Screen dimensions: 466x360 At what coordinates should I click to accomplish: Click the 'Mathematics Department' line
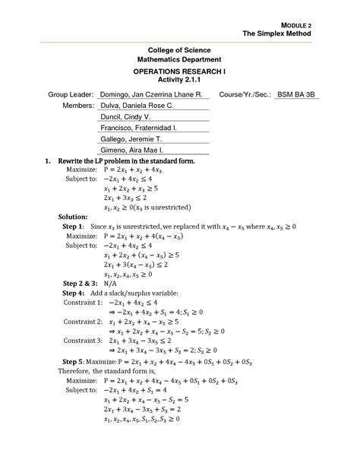[x=179, y=59]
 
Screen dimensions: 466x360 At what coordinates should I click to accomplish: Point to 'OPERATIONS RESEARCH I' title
[x=180, y=70]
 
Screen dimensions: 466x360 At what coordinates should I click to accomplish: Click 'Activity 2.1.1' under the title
[x=179, y=79]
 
